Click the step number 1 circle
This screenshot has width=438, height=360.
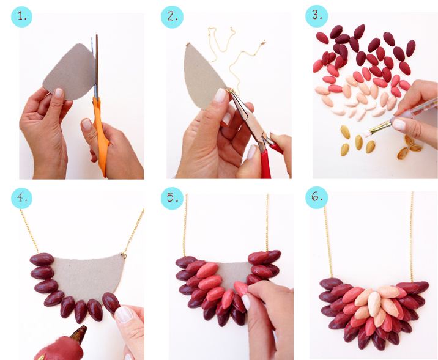[x=21, y=17]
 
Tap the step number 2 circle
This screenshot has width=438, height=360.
[x=172, y=17]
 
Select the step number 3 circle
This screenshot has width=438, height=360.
[x=316, y=16]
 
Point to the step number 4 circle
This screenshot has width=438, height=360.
[x=21, y=198]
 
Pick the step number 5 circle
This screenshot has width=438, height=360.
[x=172, y=198]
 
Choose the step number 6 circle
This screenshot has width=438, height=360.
[x=316, y=197]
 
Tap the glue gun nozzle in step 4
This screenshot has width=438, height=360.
[x=78, y=333]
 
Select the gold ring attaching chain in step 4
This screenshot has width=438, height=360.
[x=124, y=255]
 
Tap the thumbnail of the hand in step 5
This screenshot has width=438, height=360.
[x=245, y=302]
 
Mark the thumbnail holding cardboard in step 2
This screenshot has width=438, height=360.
[x=220, y=95]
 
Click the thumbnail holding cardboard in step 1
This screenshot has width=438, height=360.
[x=59, y=93]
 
